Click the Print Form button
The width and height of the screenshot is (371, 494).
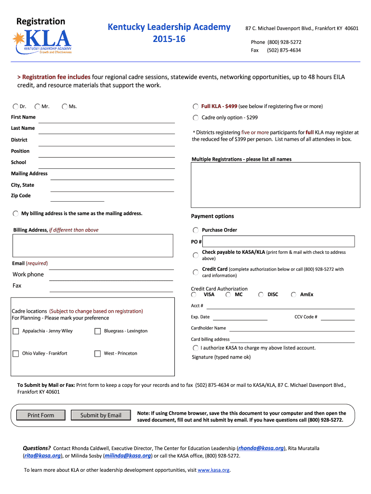click(41, 415)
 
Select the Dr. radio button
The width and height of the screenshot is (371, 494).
click(16, 107)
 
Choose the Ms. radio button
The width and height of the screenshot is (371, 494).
click(65, 107)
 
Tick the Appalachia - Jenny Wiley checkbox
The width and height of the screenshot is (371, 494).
click(16, 331)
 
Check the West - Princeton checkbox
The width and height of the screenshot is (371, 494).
click(98, 354)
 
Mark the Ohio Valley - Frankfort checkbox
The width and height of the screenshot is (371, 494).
click(16, 354)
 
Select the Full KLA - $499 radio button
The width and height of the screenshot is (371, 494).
click(195, 107)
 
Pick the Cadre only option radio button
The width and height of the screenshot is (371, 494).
click(195, 118)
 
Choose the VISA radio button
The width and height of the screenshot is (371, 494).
click(194, 294)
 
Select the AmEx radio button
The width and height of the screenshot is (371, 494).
click(293, 294)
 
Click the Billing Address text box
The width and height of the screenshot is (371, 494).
click(93, 245)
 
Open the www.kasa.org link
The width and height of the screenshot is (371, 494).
click(213, 470)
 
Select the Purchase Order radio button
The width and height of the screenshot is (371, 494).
click(195, 230)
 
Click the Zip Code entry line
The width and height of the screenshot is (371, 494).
click(77, 197)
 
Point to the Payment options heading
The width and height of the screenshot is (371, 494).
click(212, 216)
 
